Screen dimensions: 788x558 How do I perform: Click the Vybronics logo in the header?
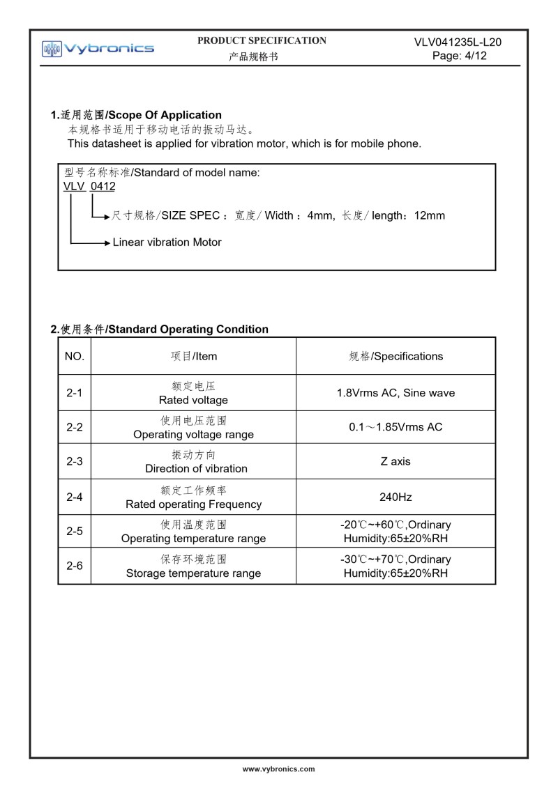click(x=98, y=48)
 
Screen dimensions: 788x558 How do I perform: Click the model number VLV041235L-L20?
click(x=458, y=42)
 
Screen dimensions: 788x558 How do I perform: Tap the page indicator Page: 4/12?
click(x=459, y=56)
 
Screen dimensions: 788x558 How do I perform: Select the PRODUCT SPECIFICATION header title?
click(x=262, y=41)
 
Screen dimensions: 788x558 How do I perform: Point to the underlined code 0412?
click(x=103, y=186)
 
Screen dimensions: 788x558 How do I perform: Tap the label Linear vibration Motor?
click(x=167, y=242)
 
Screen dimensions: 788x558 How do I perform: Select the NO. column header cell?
click(x=75, y=356)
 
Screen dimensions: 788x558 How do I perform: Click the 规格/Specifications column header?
click(x=395, y=356)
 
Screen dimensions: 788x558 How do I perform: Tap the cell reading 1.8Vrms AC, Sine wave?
click(x=395, y=393)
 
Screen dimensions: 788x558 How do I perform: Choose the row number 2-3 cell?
click(x=75, y=461)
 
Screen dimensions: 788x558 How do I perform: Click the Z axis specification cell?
click(x=395, y=461)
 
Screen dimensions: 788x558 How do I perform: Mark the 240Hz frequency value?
click(x=395, y=497)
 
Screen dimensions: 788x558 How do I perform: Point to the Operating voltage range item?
click(x=193, y=434)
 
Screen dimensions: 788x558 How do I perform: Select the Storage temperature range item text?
click(x=193, y=573)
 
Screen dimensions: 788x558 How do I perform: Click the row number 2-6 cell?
click(x=75, y=566)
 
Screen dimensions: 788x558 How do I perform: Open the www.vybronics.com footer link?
click(x=278, y=769)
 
